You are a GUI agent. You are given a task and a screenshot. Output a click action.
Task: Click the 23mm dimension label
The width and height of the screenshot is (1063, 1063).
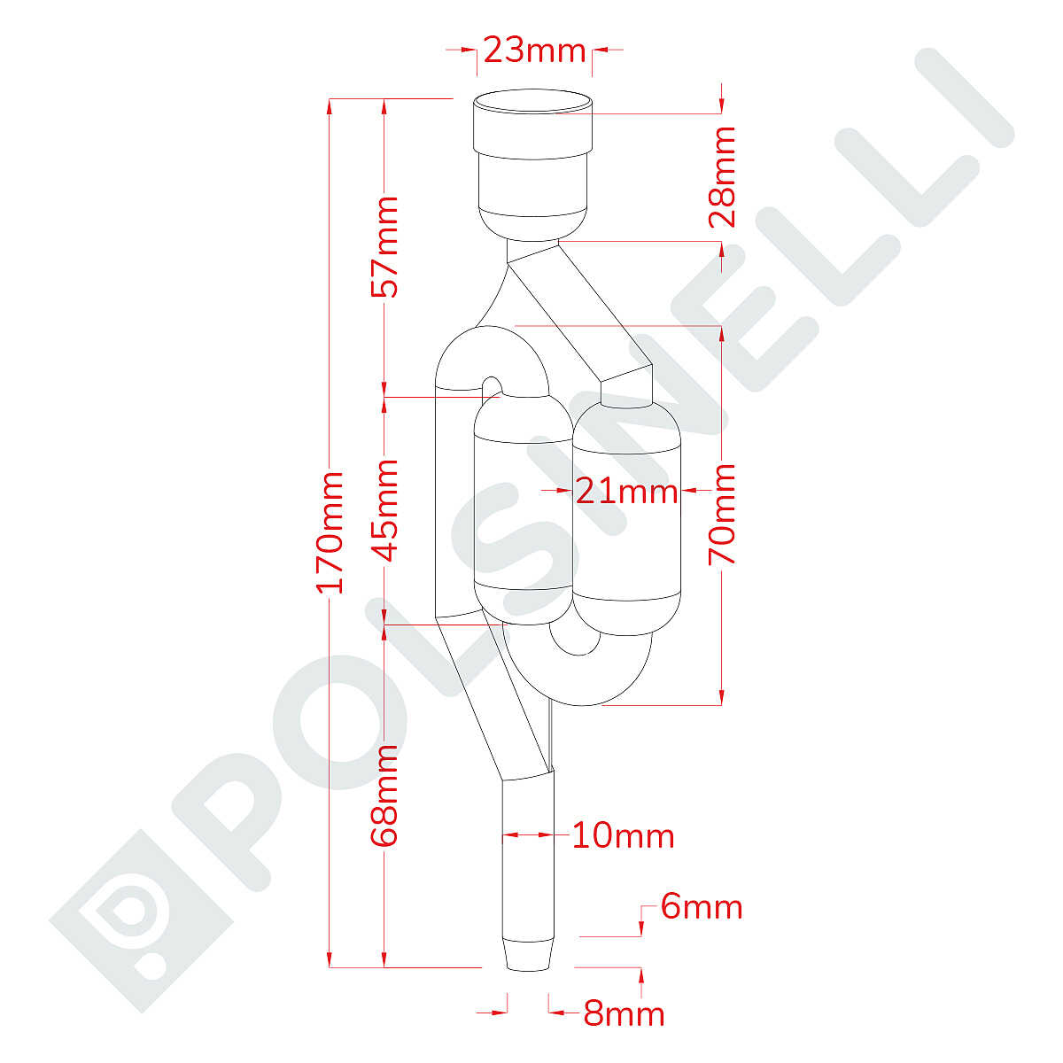pos(534,51)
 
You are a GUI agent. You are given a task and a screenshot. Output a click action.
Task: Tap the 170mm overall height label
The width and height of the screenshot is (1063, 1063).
pos(330,533)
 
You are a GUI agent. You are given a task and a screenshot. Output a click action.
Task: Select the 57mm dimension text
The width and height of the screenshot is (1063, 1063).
pos(384,247)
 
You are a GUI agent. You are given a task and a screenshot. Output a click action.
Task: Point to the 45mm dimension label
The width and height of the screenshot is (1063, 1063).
pos(384,510)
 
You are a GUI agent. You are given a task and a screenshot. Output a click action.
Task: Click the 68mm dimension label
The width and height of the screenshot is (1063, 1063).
pos(384,795)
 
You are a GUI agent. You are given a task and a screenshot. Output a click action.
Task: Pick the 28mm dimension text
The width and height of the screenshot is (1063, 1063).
pos(722,177)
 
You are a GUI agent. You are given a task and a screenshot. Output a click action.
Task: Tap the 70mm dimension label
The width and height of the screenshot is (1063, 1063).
pos(722,514)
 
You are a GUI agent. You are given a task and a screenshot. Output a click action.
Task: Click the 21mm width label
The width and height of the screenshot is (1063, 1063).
pos(626,491)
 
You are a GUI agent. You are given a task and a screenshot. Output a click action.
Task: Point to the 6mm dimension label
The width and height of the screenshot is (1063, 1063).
pos(702,907)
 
